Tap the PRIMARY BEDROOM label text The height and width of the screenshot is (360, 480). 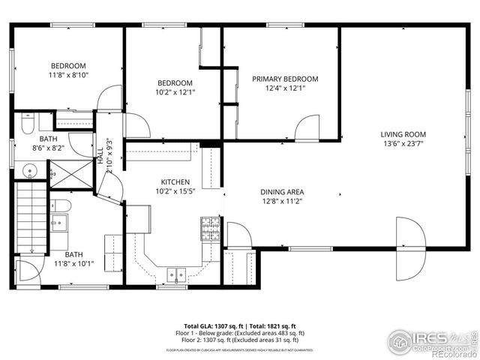(x=284, y=79)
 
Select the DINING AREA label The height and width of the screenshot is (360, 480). (x=282, y=191)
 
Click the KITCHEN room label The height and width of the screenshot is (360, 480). (x=175, y=182)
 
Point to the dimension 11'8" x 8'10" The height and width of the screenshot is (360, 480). (x=68, y=75)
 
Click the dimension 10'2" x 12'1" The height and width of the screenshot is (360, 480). (x=175, y=92)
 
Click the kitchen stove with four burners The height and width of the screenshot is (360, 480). (x=210, y=226)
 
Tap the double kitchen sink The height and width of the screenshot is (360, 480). (x=177, y=274)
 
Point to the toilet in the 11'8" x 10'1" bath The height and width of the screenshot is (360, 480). (x=62, y=205)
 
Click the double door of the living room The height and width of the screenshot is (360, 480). (x=411, y=233)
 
